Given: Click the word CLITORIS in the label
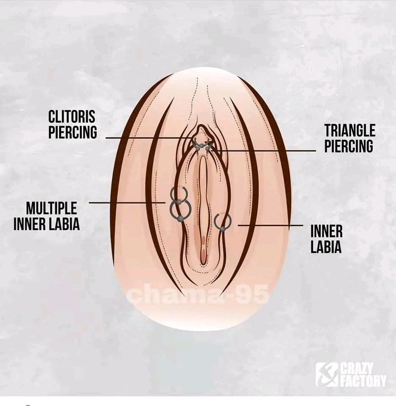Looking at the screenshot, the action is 72,117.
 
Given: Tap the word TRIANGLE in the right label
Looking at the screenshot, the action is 350,130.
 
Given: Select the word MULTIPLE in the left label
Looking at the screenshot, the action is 52,208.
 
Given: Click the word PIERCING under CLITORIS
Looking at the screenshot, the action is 72,132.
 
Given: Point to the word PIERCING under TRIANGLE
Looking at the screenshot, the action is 349,146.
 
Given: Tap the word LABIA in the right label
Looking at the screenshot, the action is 326,247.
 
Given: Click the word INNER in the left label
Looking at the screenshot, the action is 29,224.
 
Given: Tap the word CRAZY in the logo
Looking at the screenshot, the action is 357,368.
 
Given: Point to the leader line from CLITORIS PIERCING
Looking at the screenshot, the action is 150,138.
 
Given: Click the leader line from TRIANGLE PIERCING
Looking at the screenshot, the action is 262,150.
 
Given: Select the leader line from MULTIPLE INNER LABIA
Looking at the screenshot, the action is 127,203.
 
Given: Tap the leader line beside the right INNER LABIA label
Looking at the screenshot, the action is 270,225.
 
